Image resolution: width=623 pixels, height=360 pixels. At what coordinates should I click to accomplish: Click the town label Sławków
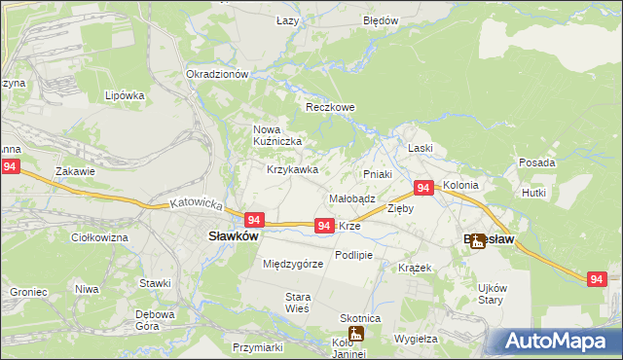(x=233, y=235)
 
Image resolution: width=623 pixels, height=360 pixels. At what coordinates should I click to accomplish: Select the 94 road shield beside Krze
(x=325, y=225)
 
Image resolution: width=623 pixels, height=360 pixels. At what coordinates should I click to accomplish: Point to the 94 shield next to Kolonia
(x=423, y=187)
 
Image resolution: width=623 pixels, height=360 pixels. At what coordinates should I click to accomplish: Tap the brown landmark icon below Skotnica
(x=357, y=334)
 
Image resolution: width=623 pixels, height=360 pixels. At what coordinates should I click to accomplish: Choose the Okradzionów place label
(x=218, y=74)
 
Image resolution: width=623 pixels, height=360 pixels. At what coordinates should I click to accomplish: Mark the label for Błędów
(x=381, y=20)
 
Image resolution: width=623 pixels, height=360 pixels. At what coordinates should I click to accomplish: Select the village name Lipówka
(x=125, y=96)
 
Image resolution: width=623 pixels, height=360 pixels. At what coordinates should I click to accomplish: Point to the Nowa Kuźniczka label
(x=277, y=135)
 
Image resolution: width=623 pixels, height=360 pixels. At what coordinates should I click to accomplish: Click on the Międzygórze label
(x=293, y=264)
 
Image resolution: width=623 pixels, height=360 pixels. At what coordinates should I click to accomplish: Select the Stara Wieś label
(x=297, y=302)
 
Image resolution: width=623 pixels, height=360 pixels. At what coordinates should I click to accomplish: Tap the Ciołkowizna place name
(x=100, y=236)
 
